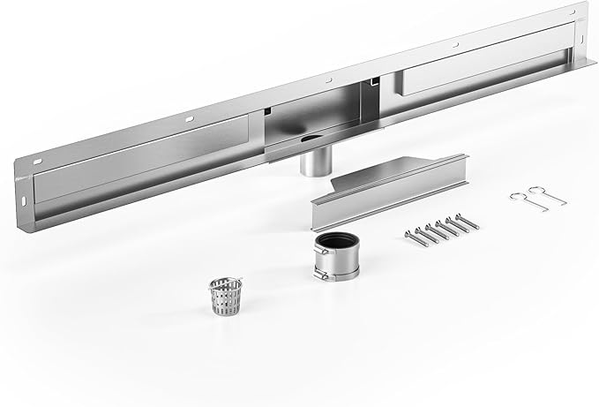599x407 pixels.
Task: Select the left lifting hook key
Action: point(524,197)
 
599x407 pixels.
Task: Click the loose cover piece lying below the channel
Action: point(388,185)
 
